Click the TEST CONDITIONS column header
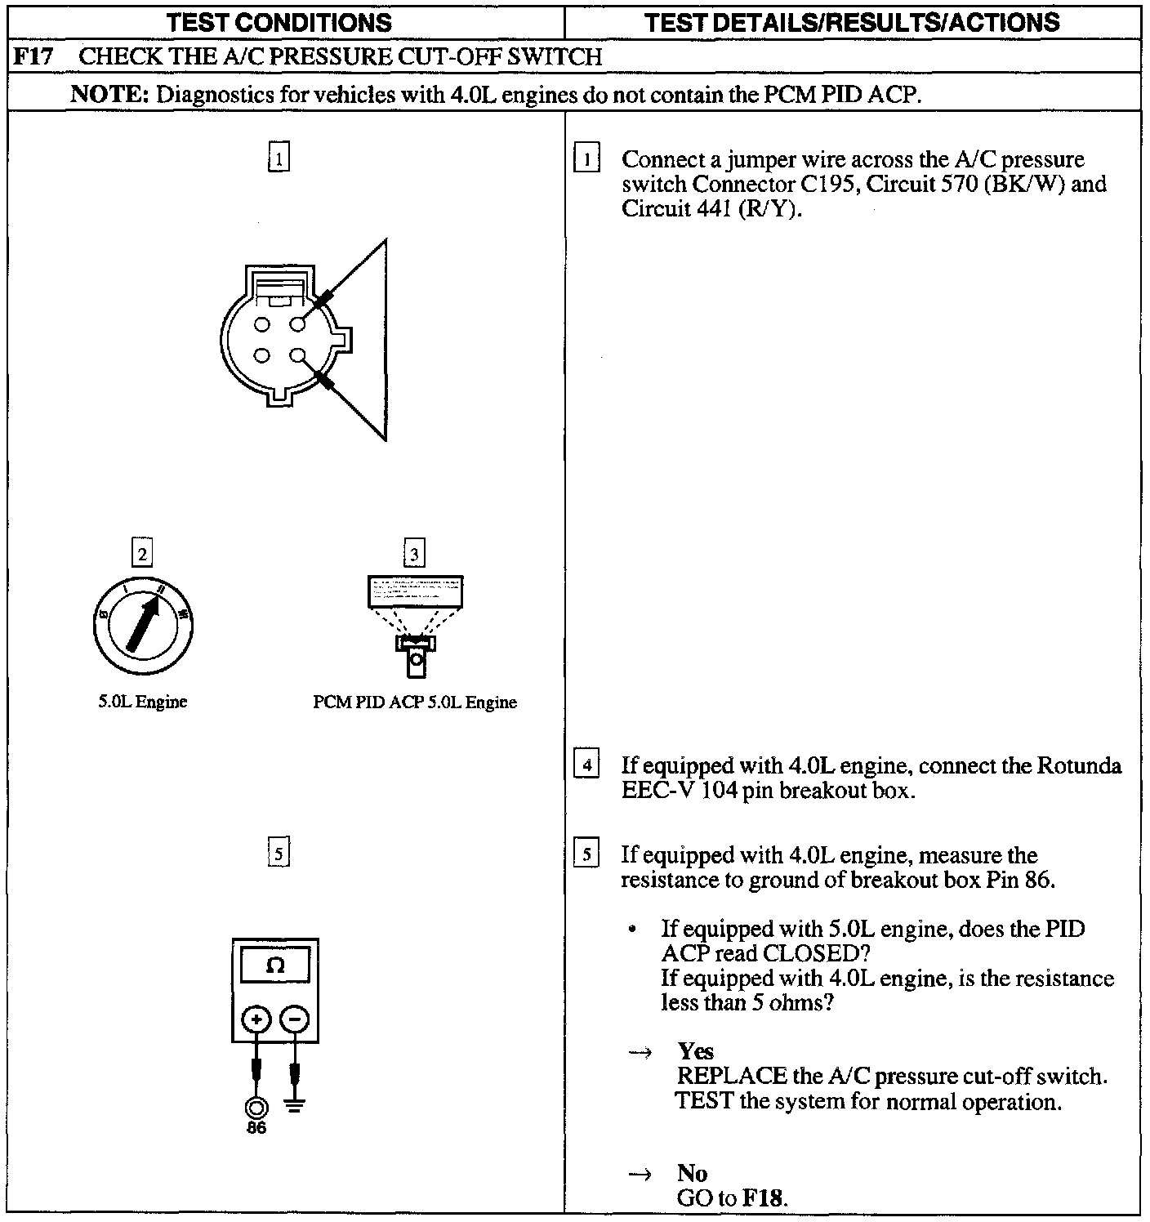click(x=279, y=22)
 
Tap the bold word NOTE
click(x=108, y=94)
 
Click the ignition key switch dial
click(x=143, y=626)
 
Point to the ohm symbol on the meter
click(x=275, y=966)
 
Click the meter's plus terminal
click(x=256, y=1019)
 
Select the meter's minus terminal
click(x=295, y=1019)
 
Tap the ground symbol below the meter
click(x=296, y=1107)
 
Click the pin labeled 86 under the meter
click(x=256, y=1108)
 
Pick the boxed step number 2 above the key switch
click(x=143, y=555)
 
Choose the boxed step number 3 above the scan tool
click(x=414, y=555)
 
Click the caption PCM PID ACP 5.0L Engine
click(x=415, y=702)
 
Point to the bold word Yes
click(x=695, y=1051)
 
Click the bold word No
click(x=692, y=1174)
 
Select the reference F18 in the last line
click(x=763, y=1198)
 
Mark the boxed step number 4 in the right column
click(x=586, y=766)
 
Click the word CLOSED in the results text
click(x=809, y=953)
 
